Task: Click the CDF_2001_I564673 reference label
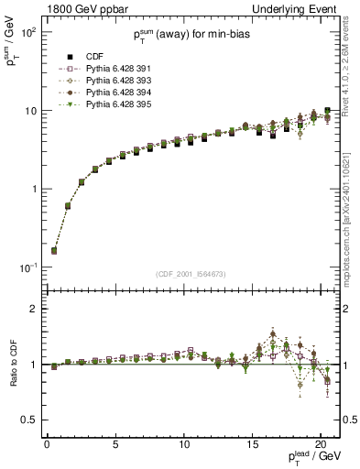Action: point(191,274)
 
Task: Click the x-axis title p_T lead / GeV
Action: point(311,457)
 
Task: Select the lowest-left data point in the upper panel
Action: point(54,250)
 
